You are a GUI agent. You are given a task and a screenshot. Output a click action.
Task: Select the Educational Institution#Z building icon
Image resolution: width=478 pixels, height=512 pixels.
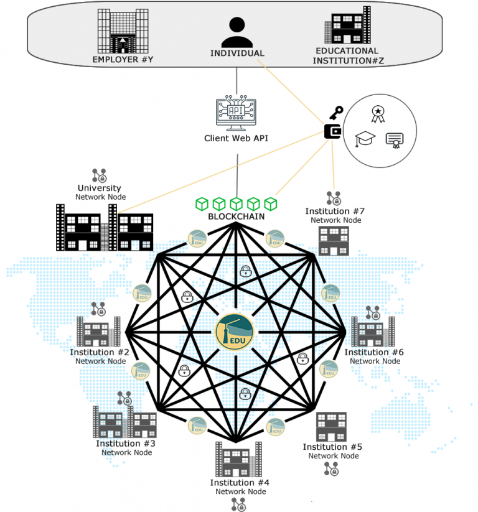(x=347, y=26)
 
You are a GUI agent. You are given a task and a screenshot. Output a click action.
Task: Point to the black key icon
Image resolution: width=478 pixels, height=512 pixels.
(x=336, y=113)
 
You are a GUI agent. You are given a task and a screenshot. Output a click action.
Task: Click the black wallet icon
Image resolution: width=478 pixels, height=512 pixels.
(x=332, y=131)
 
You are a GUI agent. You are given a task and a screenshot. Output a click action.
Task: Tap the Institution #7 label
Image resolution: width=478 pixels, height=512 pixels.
(x=335, y=212)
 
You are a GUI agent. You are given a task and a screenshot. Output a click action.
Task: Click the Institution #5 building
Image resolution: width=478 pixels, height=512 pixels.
(x=331, y=427)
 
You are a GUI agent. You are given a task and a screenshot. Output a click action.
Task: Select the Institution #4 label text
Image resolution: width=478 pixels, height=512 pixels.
(x=240, y=483)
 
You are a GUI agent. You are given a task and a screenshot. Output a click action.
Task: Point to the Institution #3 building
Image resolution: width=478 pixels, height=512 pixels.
(x=124, y=421)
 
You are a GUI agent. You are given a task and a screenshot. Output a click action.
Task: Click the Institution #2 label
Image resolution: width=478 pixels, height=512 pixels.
(x=100, y=353)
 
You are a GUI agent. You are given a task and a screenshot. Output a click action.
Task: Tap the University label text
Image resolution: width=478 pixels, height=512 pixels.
(x=100, y=188)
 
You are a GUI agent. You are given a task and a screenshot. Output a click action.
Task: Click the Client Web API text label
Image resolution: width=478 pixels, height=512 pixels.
(x=237, y=138)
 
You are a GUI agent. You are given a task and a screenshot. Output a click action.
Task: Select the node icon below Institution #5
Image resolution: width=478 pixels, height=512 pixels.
(x=331, y=468)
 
